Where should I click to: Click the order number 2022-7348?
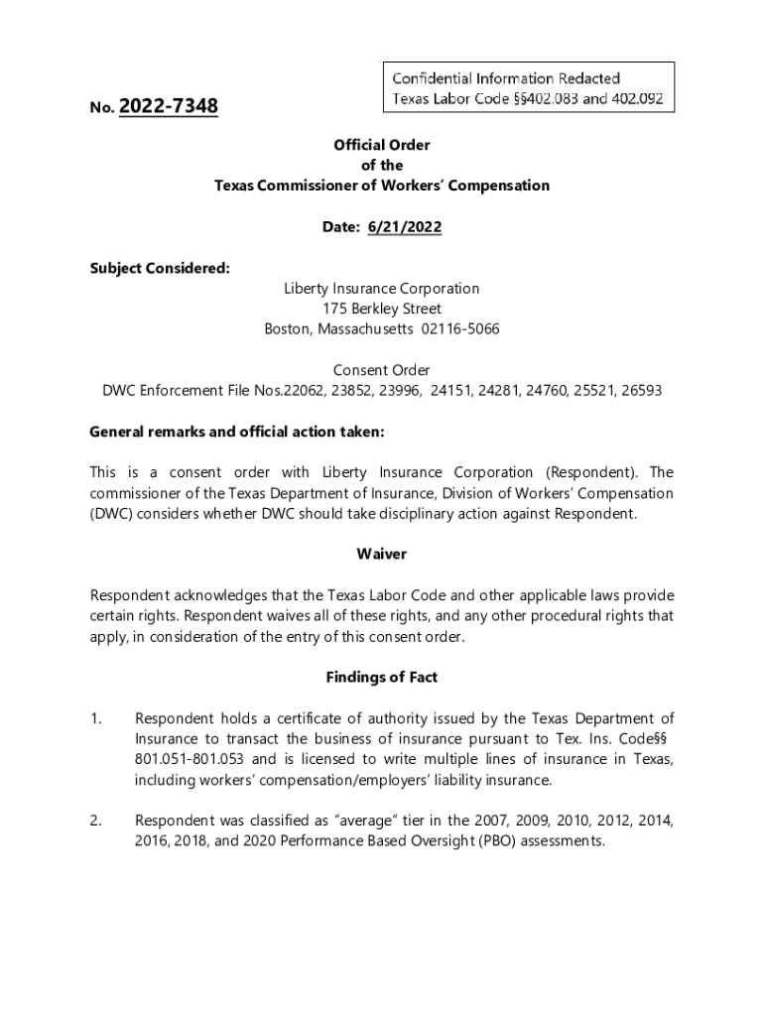coord(168,106)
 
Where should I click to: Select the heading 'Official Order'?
coord(382,145)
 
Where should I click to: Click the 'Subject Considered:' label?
coord(160,268)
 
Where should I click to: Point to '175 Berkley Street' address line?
coord(382,309)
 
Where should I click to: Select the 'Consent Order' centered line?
coord(382,370)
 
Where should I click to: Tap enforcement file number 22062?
coord(304,391)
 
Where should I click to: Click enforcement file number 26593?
coord(640,391)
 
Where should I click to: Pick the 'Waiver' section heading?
coord(382,555)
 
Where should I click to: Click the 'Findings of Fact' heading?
coord(382,678)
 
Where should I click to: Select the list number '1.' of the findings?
coord(97,718)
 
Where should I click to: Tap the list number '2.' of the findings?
coord(97,821)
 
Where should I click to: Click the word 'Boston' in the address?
coord(287,329)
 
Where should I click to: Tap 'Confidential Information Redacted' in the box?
coord(506,78)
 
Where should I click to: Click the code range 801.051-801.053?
coord(191,759)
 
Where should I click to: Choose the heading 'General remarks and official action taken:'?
coord(236,432)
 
